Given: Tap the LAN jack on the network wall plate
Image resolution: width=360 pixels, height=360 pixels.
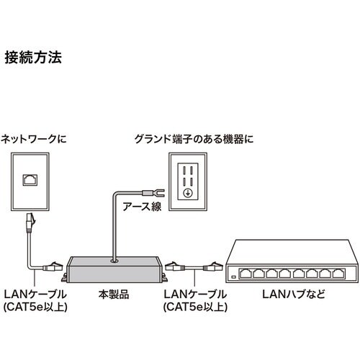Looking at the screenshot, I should click(x=32, y=179).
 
